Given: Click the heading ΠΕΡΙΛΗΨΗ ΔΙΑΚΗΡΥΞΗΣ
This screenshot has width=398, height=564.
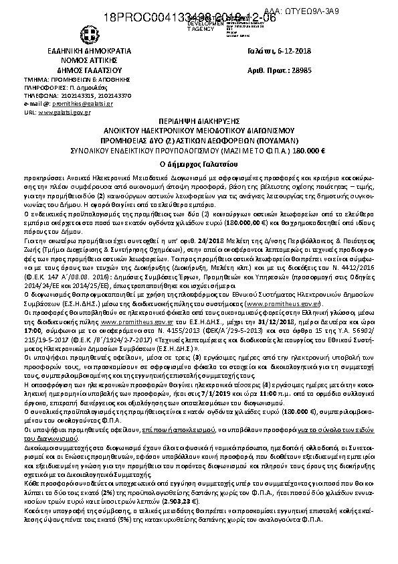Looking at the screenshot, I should tap(199, 125).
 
